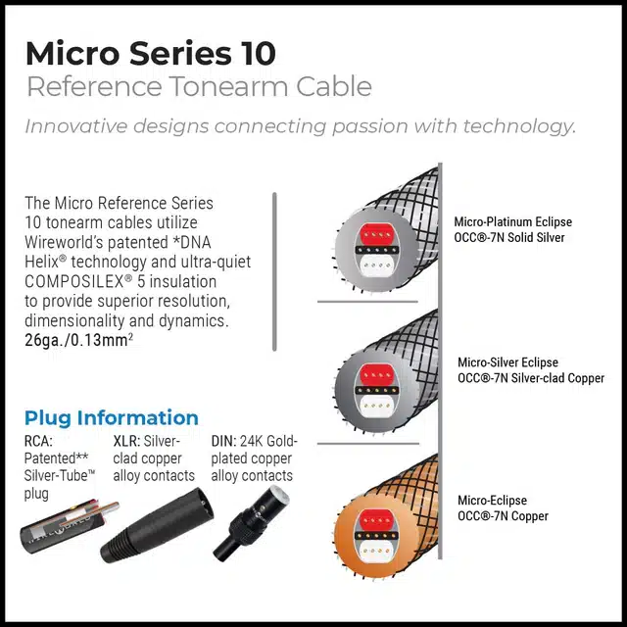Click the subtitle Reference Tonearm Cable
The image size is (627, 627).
point(198,86)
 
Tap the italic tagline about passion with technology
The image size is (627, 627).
point(300,126)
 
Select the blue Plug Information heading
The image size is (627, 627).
point(112,417)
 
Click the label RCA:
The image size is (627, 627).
point(38,441)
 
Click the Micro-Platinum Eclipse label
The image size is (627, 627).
point(512,222)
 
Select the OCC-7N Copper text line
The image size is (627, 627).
point(503,516)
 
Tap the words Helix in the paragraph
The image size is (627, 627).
point(43,262)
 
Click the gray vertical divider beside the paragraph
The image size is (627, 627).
point(274,269)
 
